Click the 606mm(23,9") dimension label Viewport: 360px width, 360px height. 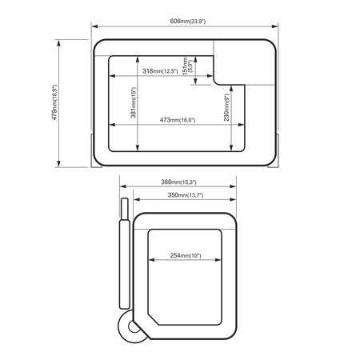pos(188,21)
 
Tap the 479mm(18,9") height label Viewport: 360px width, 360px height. pos(54,102)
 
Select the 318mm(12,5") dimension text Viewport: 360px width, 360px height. pos(160,71)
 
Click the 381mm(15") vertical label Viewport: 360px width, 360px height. pos(134,102)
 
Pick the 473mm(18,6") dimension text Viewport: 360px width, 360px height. pos(178,120)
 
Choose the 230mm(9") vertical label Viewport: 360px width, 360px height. pos(226,107)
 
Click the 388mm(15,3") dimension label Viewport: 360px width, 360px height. pos(178,182)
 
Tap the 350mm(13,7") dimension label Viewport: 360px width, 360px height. pos(186,195)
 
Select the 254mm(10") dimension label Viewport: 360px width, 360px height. pos(186,255)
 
